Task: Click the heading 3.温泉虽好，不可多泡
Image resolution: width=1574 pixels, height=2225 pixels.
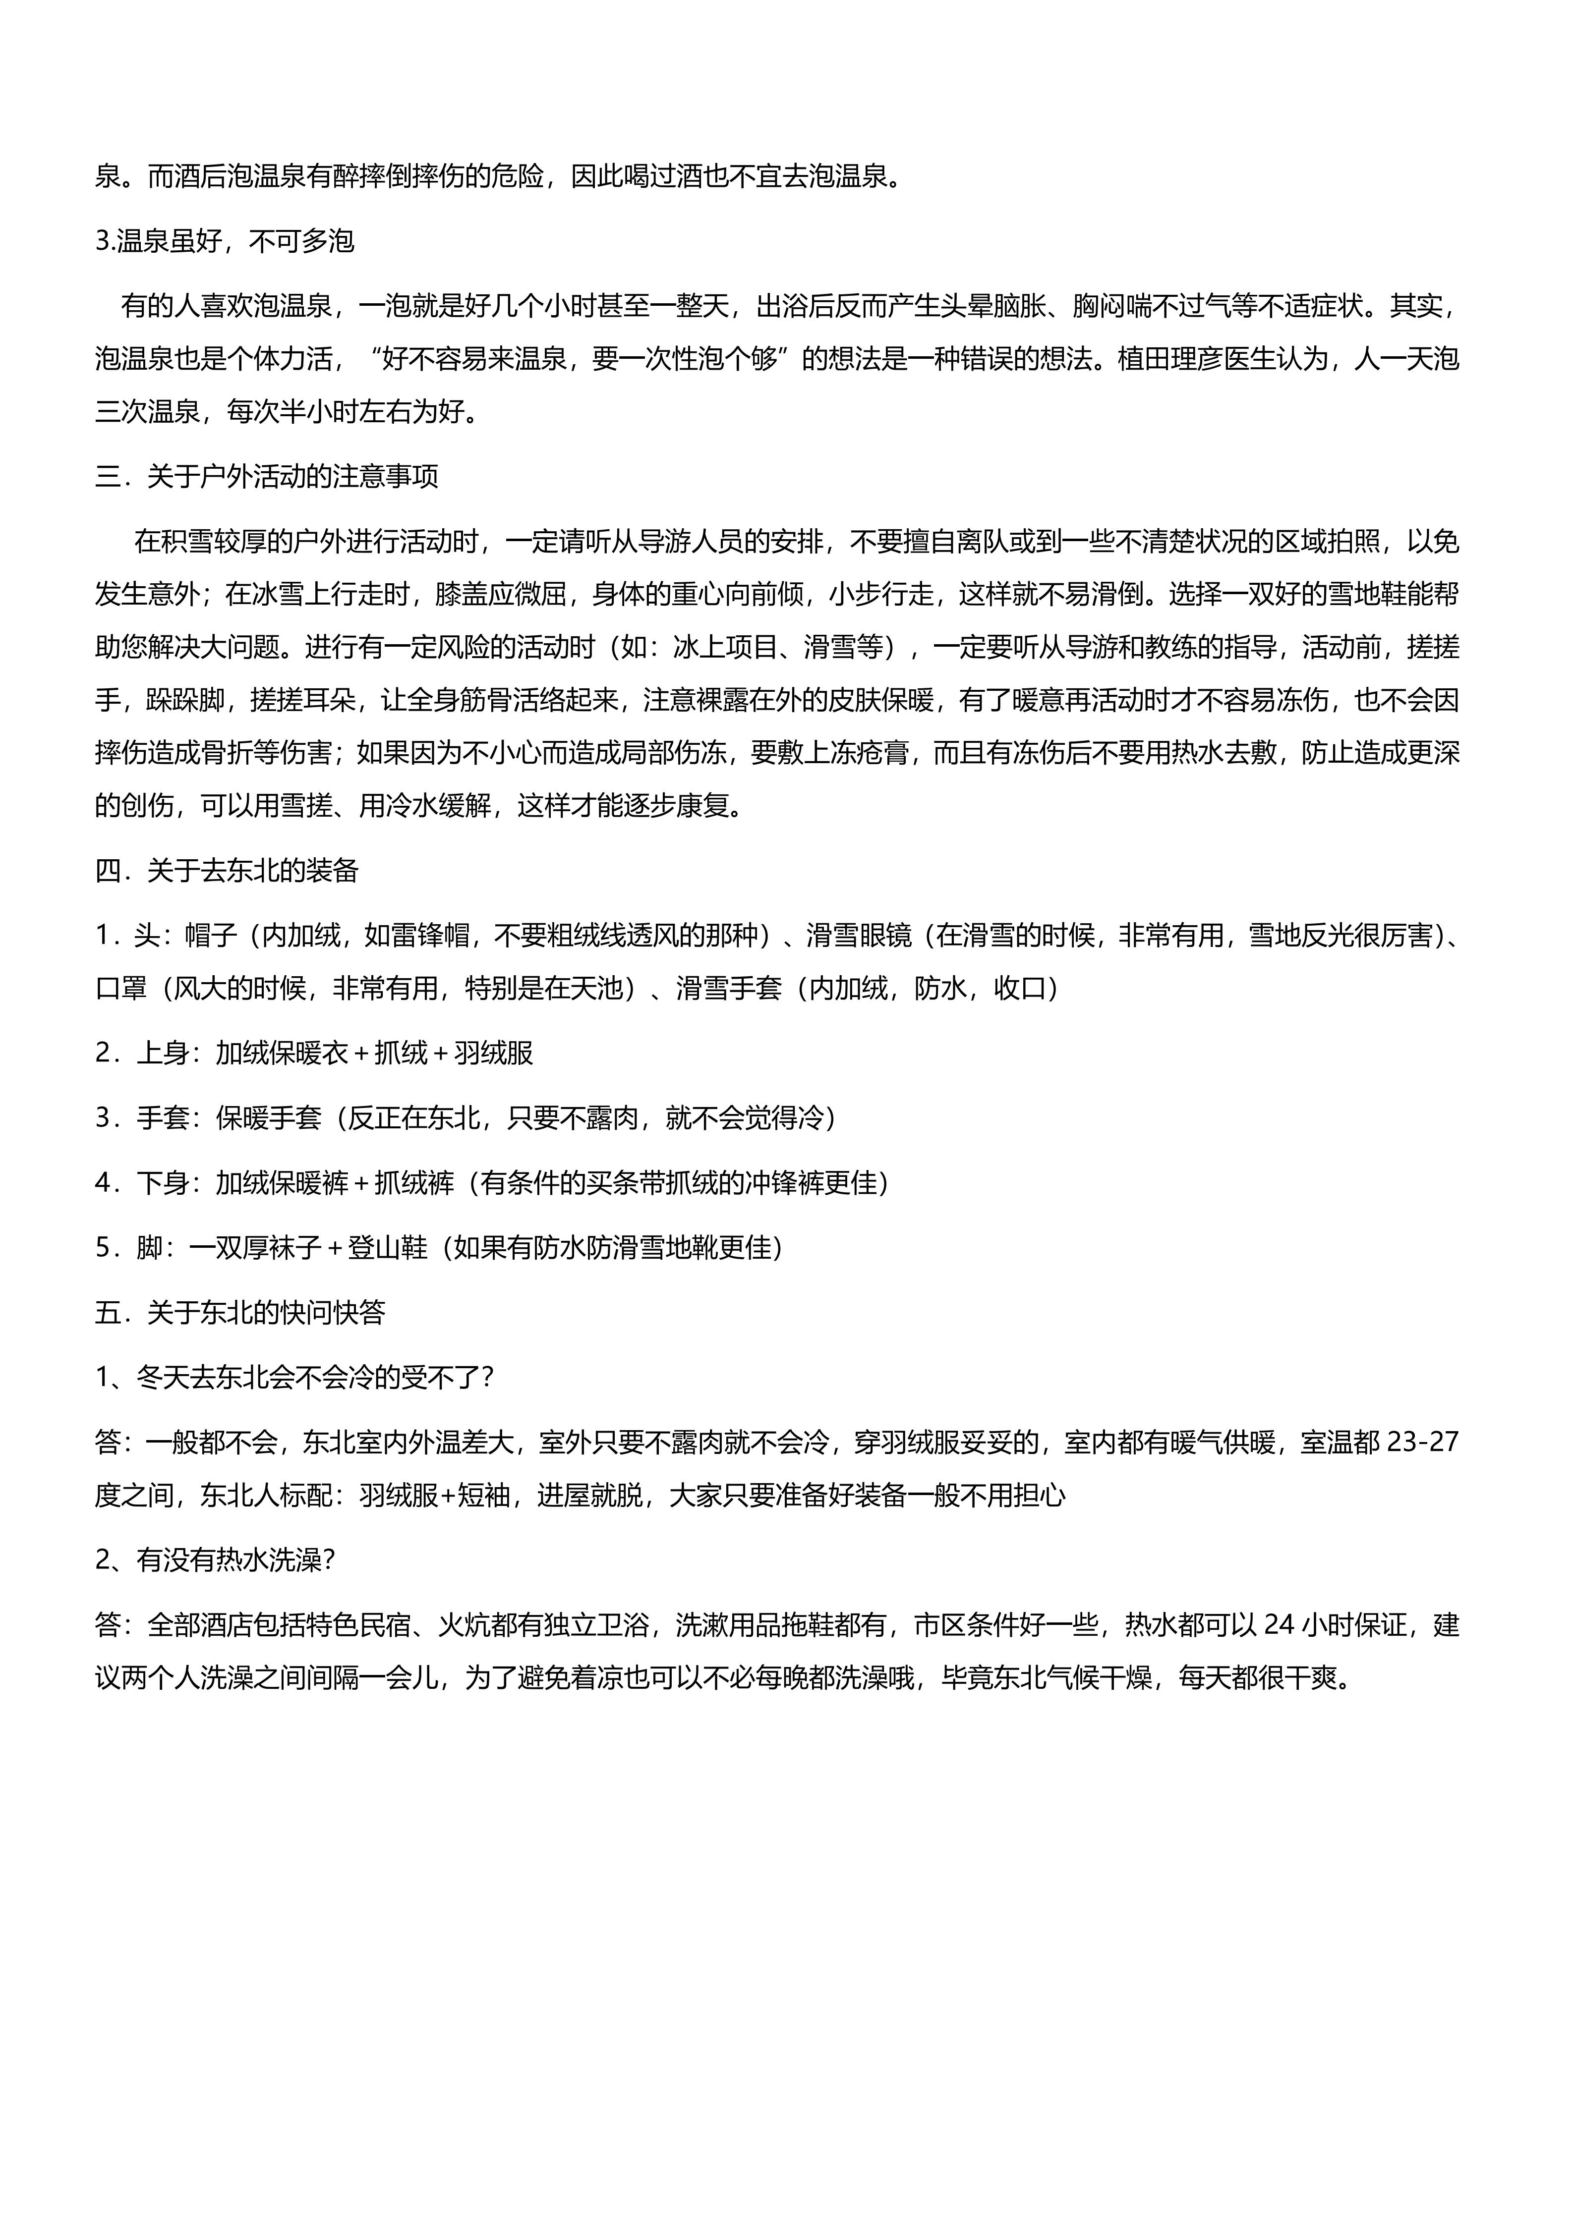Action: [x=225, y=241]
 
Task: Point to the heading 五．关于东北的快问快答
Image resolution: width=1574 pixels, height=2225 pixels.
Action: [x=240, y=1312]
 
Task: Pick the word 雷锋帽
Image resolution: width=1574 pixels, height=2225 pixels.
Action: [x=431, y=935]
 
